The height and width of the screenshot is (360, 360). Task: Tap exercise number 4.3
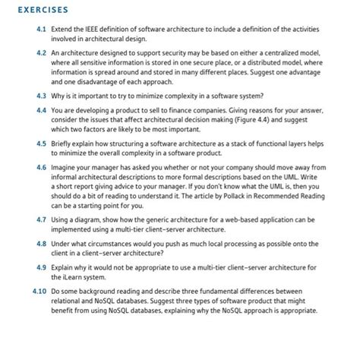click(x=40, y=96)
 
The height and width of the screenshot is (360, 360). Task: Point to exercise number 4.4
click(x=40, y=110)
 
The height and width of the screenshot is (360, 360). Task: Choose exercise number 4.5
click(x=40, y=144)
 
